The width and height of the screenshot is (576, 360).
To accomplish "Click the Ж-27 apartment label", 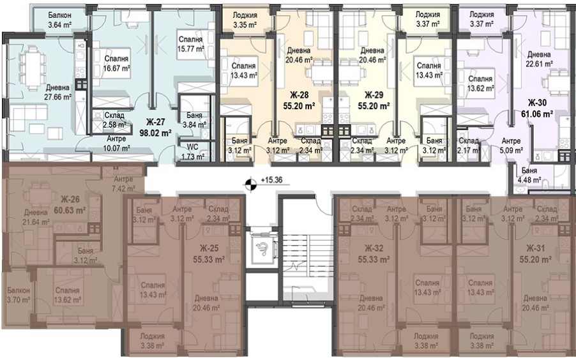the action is click(x=156, y=122).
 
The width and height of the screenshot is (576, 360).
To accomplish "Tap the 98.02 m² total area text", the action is click(x=156, y=133).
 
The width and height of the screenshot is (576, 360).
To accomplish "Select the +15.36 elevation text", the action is click(x=271, y=181).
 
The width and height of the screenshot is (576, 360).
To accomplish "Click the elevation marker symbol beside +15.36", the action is click(x=250, y=184).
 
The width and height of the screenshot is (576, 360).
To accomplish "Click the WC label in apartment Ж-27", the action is click(x=192, y=147).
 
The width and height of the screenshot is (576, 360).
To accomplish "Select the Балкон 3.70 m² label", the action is click(x=19, y=295).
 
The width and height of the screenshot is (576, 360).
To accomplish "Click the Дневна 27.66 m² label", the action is click(x=57, y=93).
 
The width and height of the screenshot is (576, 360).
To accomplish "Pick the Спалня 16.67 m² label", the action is click(x=116, y=64).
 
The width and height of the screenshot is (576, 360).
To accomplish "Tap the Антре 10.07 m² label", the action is click(x=116, y=144).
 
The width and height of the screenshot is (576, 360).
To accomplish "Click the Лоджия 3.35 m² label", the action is click(x=245, y=20).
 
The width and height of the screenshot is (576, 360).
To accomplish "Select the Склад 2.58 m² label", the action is click(x=114, y=120).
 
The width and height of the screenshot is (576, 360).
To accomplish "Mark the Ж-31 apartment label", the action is click(x=536, y=248).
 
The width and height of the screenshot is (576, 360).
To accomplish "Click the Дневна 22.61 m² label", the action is click(x=539, y=59).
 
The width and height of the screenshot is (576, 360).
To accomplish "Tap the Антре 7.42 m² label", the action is click(x=123, y=184).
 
